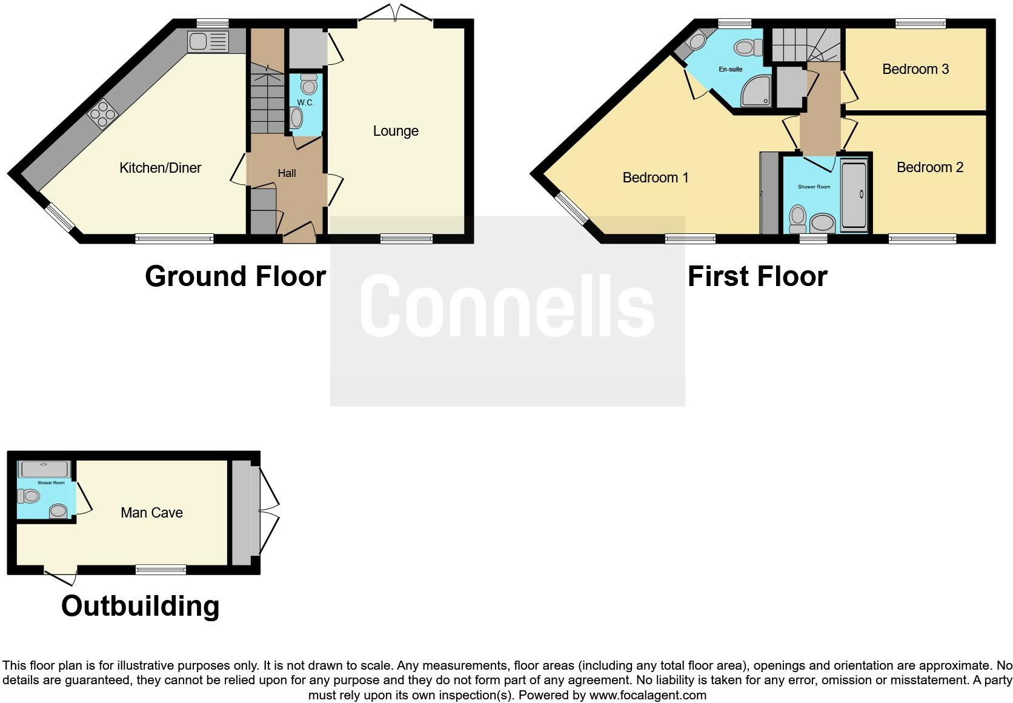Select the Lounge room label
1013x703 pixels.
click(396, 131)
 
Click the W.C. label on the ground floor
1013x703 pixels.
click(305, 102)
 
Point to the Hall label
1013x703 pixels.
click(287, 173)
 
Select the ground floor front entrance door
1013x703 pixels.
click(299, 234)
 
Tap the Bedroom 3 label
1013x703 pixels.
click(915, 69)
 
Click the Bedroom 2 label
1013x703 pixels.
click(929, 167)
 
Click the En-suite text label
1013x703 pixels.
click(730, 69)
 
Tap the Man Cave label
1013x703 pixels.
click(151, 513)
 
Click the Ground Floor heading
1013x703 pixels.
click(235, 276)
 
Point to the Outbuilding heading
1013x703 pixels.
click(140, 605)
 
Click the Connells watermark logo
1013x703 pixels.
click(507, 306)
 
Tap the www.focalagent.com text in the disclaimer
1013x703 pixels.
click(648, 695)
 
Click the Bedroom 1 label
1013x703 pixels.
click(655, 178)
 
